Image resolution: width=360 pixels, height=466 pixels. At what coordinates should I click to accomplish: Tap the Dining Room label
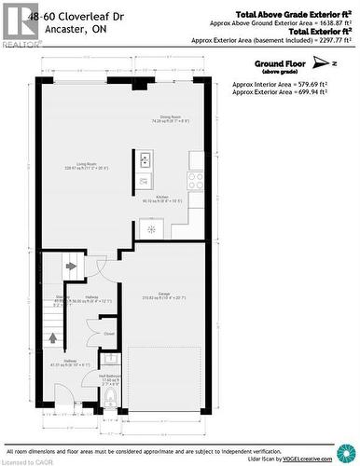click(x=171, y=118)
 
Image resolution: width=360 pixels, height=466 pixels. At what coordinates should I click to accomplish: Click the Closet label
click(x=109, y=333)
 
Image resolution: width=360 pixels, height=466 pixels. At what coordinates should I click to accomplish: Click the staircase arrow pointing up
click(x=52, y=338)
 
